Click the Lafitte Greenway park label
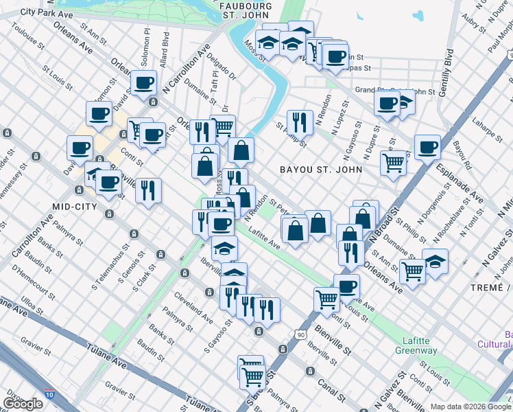(416, 345)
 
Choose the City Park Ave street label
(47, 12)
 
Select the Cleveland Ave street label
(193, 308)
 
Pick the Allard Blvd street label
(164, 56)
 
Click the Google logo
(23, 404)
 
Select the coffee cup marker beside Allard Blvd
(144, 83)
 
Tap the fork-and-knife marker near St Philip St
(300, 122)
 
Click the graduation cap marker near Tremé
(434, 261)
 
